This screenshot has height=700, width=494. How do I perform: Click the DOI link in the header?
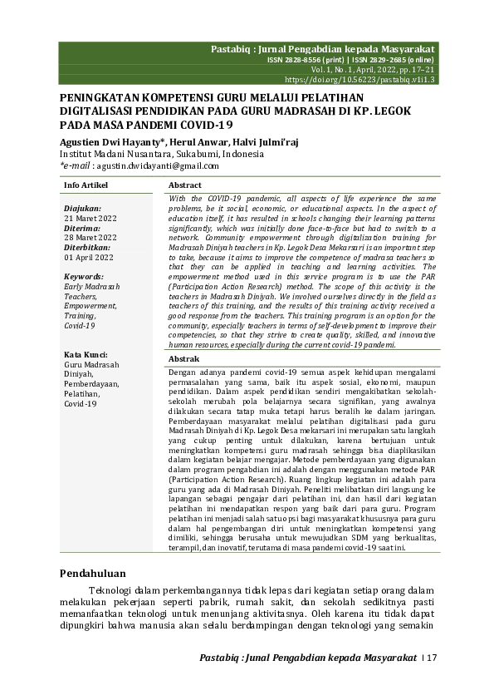tap(360, 80)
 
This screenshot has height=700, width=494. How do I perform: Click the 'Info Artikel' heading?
tap(85, 185)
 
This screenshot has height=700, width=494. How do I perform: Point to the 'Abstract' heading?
tap(185, 185)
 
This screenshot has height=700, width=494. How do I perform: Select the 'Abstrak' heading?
tap(183, 358)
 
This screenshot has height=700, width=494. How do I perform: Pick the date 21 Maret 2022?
tap(90, 218)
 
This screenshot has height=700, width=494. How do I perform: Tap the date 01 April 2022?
tap(88, 258)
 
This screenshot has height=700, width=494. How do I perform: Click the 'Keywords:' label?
tap(84, 276)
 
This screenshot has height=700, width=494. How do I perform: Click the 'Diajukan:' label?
tap(82, 209)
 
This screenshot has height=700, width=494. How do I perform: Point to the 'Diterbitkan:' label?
tap(88, 248)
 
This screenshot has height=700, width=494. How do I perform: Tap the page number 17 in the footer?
tap(431, 658)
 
